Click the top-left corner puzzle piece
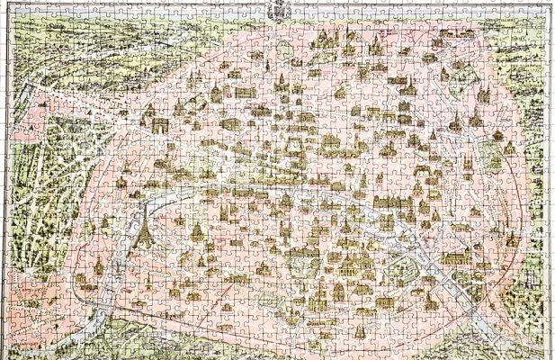click(x=8, y=8)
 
